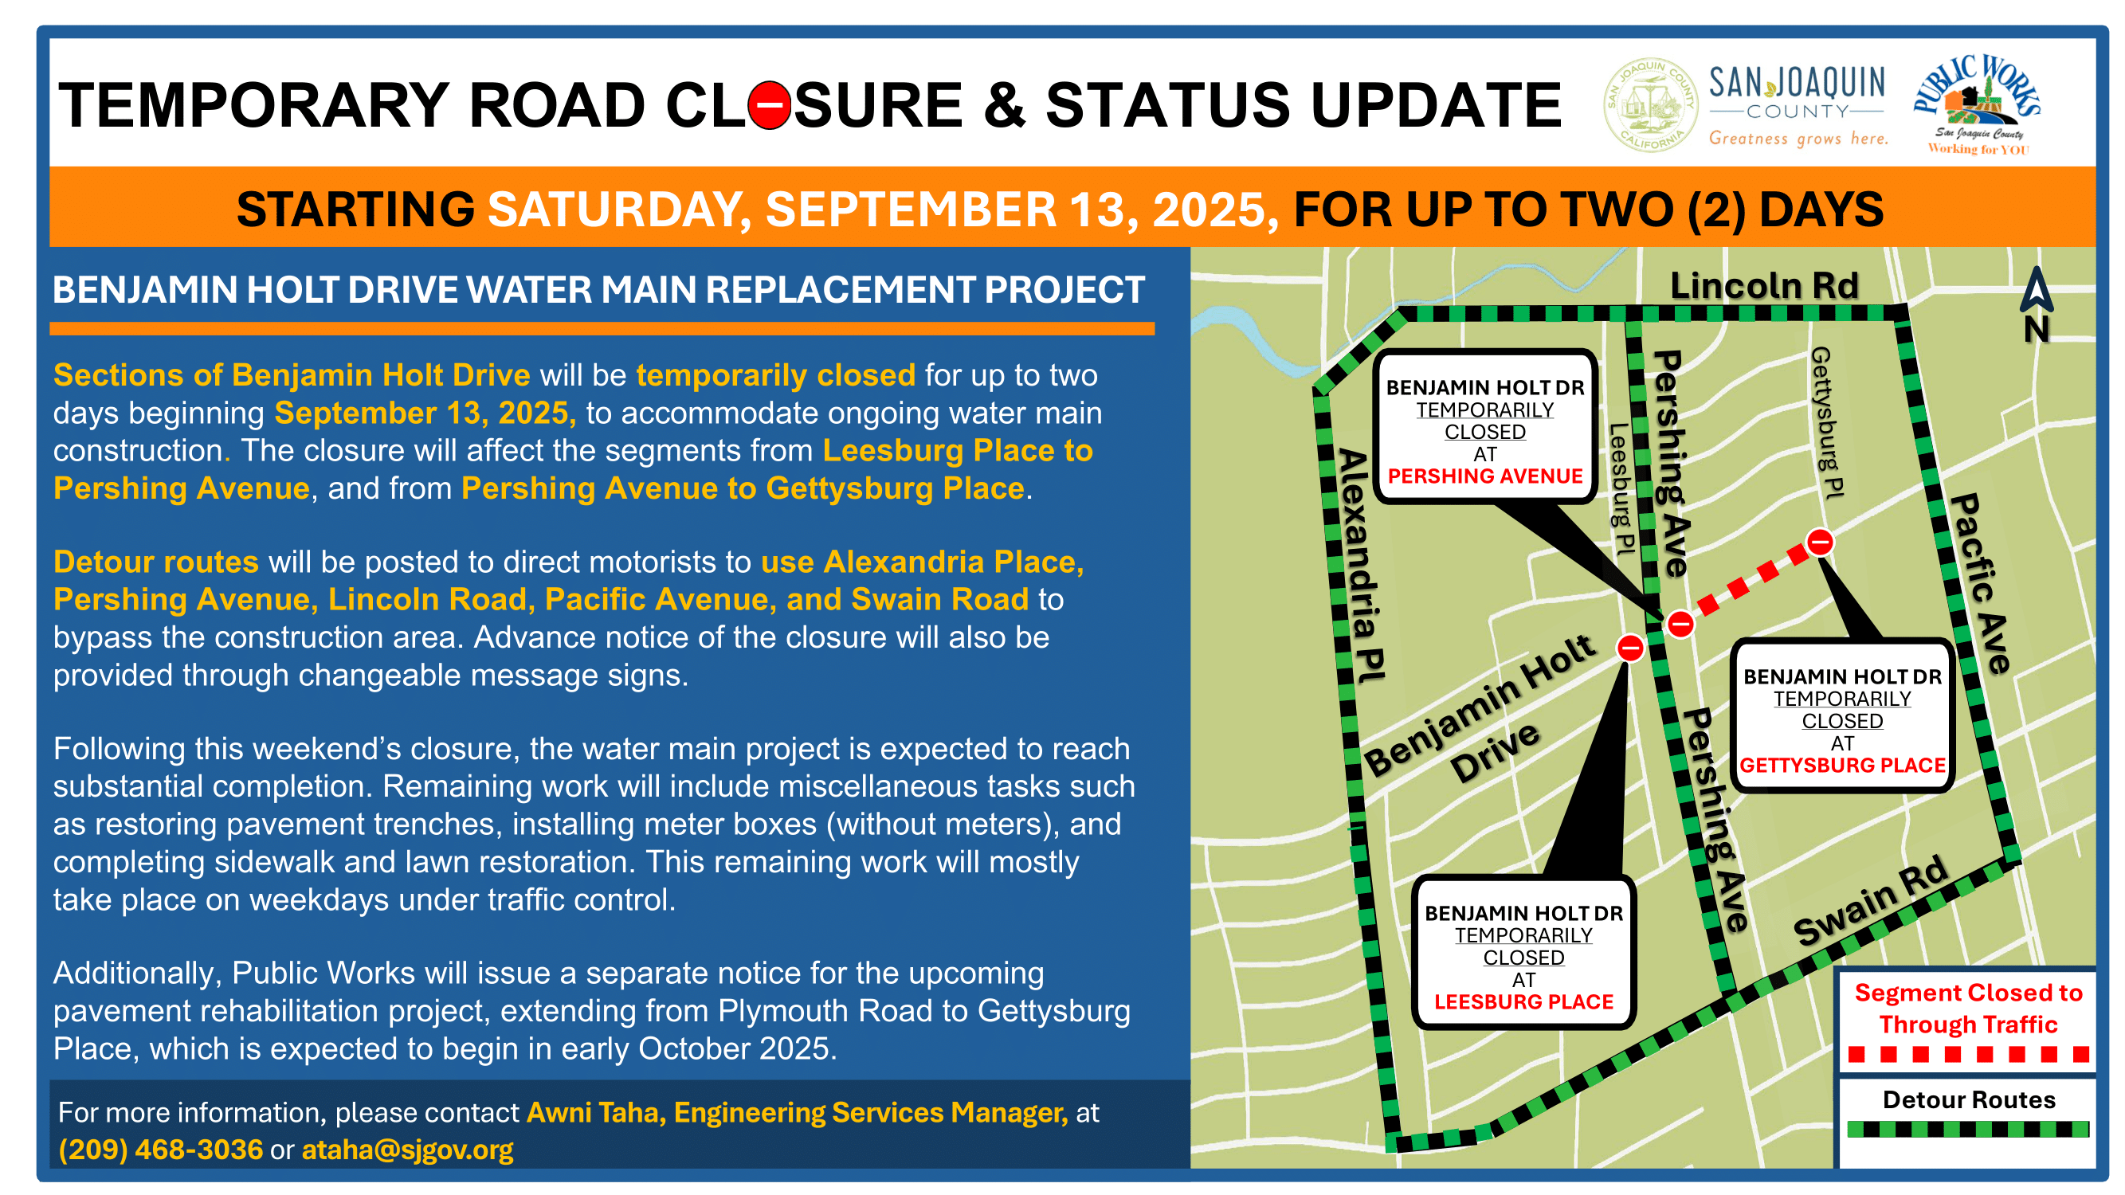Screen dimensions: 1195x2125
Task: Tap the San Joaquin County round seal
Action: [1649, 104]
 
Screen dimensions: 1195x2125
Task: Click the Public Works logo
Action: [1977, 104]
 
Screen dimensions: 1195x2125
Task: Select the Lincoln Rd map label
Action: [1764, 285]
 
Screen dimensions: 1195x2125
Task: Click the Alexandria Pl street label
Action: [1359, 565]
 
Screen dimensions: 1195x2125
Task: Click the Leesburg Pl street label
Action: [1620, 488]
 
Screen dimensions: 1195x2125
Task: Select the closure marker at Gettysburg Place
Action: [1820, 543]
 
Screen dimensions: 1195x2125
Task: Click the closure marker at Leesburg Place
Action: [1630, 648]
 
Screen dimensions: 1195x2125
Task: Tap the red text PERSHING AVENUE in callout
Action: [1485, 476]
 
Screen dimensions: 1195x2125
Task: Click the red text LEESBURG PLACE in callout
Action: [1523, 1002]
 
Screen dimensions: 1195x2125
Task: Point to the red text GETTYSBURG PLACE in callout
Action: [1842, 766]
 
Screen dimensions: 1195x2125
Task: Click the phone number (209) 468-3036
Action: [161, 1150]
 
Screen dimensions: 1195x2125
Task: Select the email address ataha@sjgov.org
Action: [407, 1150]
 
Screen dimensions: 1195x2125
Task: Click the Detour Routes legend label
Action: [1968, 1100]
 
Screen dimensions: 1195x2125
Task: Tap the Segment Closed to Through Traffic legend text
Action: [1968, 1009]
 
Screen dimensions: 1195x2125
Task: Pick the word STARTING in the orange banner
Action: [355, 210]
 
